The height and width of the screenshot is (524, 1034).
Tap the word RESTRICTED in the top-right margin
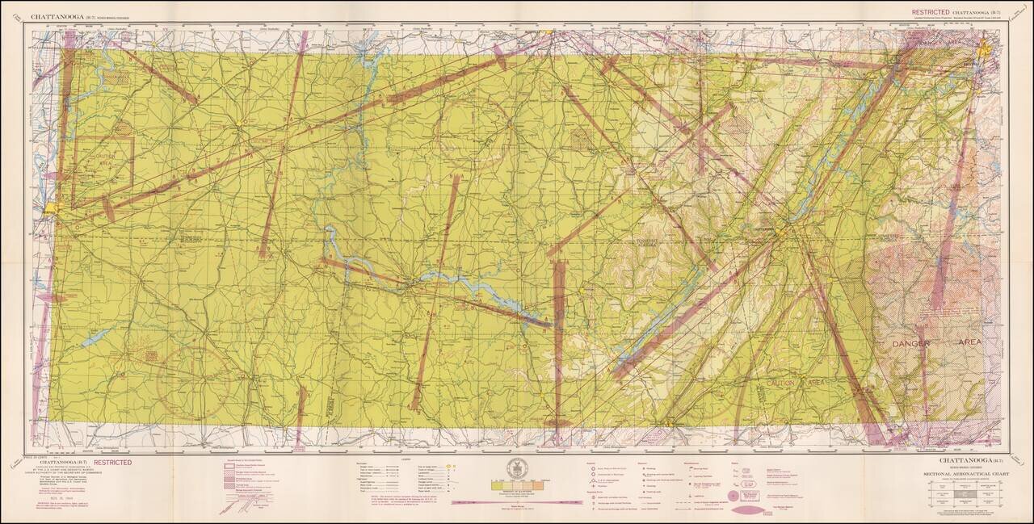pyautogui.click(x=931, y=13)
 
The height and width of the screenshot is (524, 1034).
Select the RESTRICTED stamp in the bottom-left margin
pyautogui.click(x=112, y=463)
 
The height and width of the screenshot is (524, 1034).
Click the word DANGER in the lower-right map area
pyautogui.click(x=911, y=343)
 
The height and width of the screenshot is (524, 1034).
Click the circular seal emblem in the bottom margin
pyautogui.click(x=516, y=468)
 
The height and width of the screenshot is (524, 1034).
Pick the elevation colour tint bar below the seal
pyautogui.click(x=516, y=488)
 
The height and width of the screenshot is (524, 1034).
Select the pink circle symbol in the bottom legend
pyautogui.click(x=733, y=496)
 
